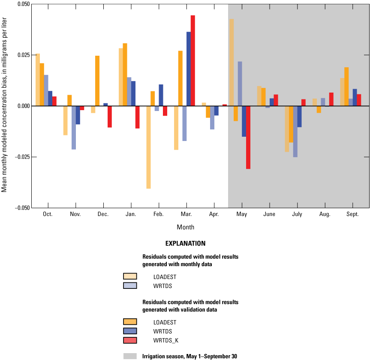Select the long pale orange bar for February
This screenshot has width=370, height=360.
[x=148, y=147]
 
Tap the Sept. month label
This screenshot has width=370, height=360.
[x=352, y=214]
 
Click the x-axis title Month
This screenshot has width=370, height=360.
[x=185, y=227]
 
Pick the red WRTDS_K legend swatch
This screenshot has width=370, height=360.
[x=130, y=340]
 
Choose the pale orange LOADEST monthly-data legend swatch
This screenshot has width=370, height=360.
[x=130, y=276]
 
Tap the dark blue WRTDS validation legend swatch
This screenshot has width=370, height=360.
[x=130, y=331]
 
